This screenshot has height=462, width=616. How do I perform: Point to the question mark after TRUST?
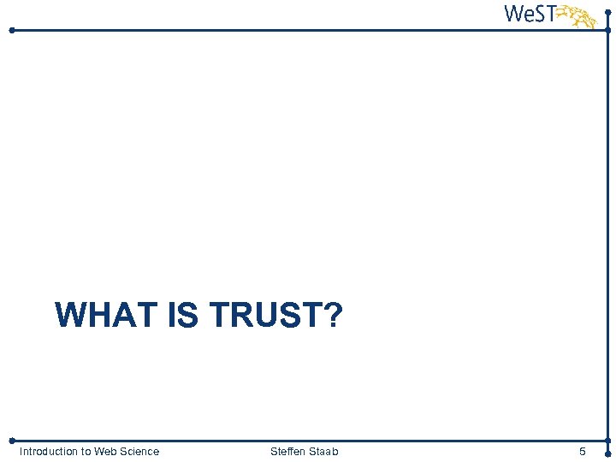coord(332,316)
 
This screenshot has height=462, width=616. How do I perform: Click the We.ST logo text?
coord(530,15)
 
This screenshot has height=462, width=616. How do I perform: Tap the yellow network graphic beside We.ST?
coord(578,16)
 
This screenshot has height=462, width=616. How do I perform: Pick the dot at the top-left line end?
coord(11,30)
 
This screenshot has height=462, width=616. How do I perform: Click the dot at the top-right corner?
coord(607,11)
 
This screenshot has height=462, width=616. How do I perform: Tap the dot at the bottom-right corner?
coord(607,453)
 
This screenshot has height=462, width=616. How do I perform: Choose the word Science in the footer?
coord(140,452)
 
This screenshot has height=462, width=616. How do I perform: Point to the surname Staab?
coord(323,452)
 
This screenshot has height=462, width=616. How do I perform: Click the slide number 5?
coord(583,452)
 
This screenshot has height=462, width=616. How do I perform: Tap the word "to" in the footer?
coord(87,452)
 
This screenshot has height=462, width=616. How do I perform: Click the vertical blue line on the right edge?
coord(607,231)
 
